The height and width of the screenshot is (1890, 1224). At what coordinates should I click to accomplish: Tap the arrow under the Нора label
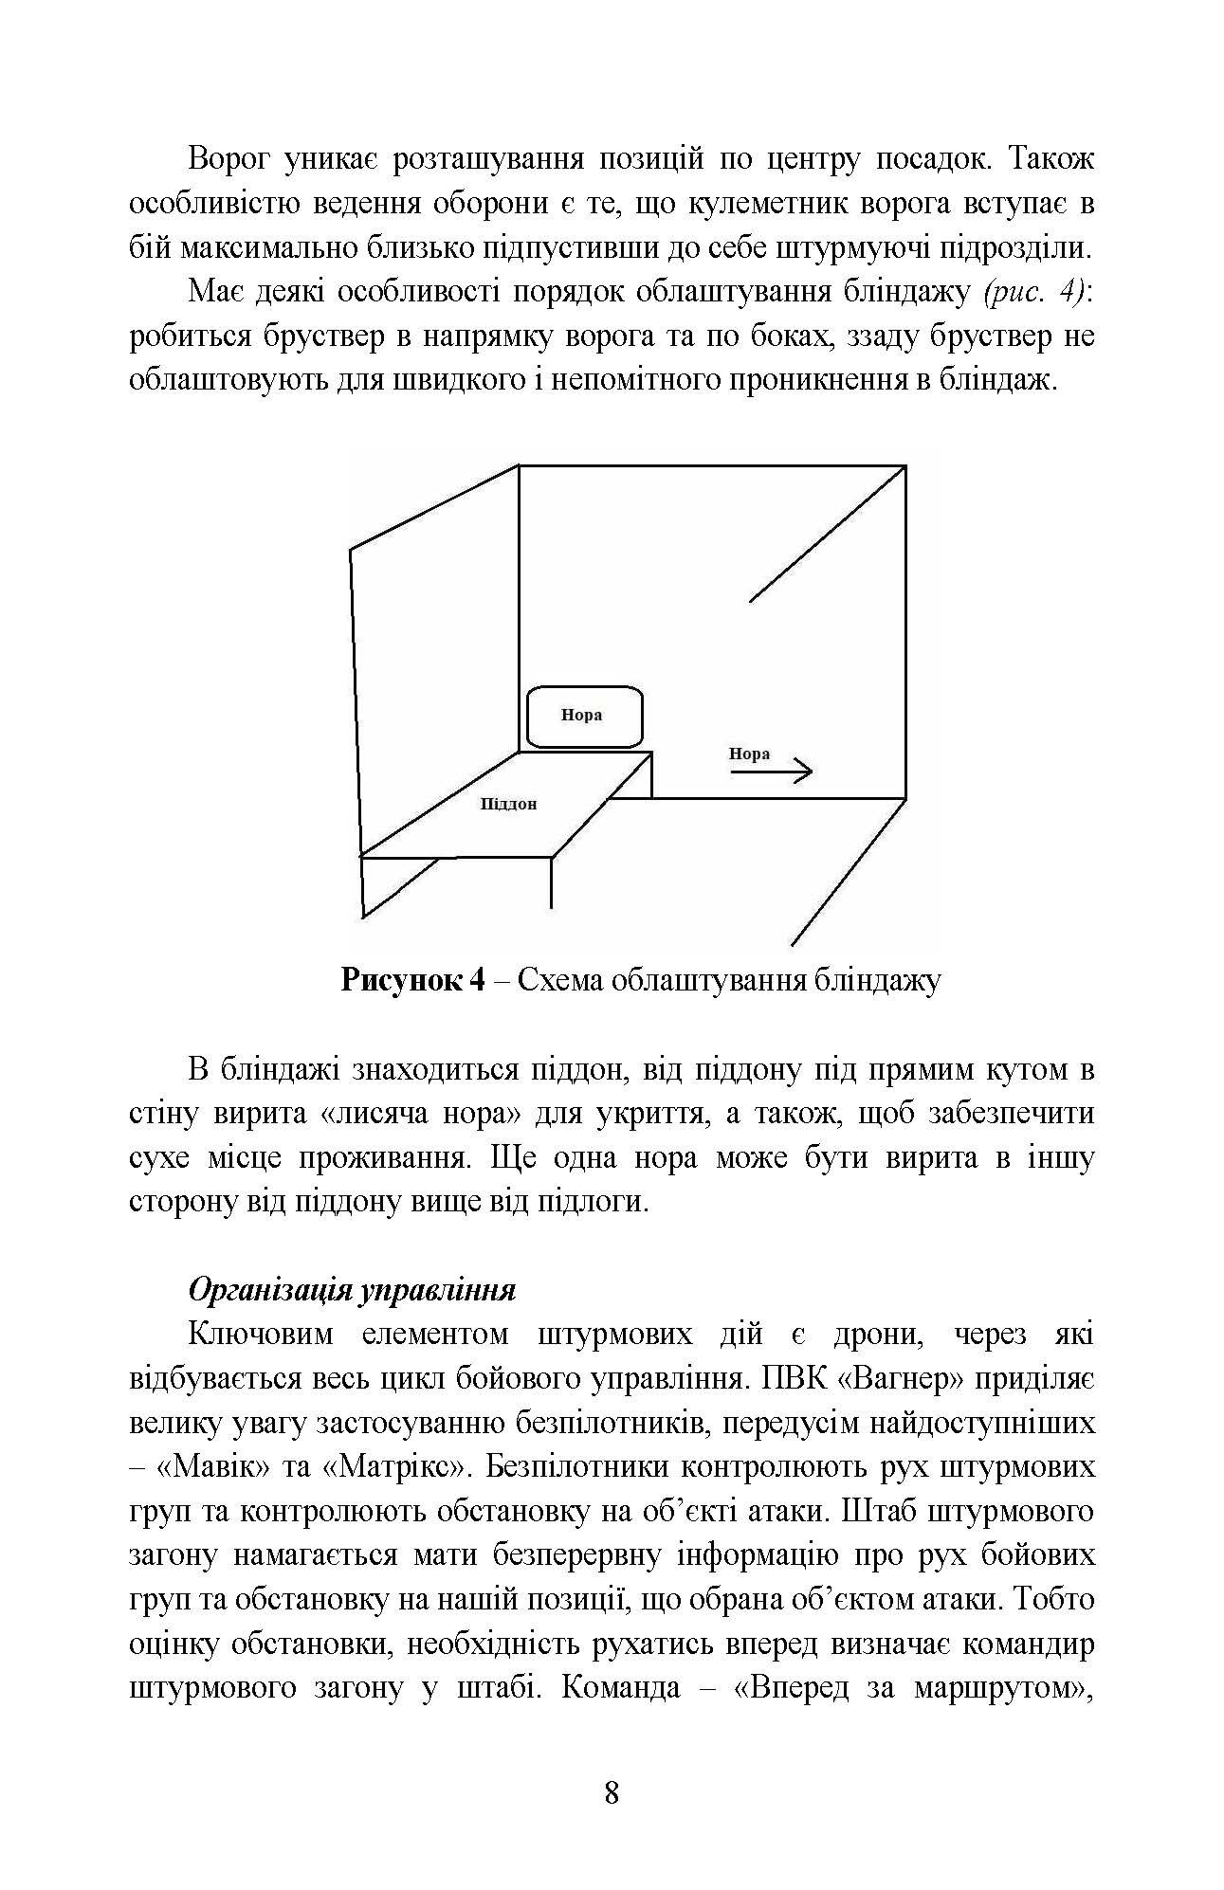click(771, 772)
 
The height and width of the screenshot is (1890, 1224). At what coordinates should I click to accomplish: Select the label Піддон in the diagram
click(508, 805)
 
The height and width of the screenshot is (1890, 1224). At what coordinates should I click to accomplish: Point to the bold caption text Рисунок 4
click(412, 979)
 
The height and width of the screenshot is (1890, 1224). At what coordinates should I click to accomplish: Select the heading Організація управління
click(352, 1290)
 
